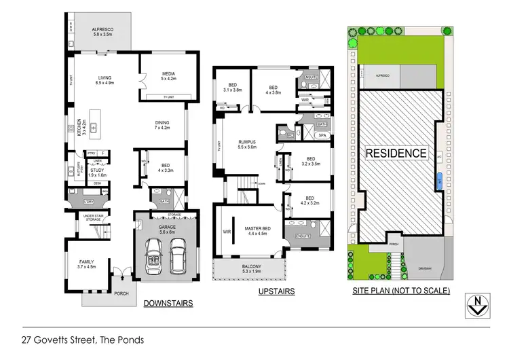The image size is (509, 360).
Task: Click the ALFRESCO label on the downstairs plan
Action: point(105,29)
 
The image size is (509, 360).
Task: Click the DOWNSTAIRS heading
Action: point(168,303)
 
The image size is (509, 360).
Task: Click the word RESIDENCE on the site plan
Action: point(397,154)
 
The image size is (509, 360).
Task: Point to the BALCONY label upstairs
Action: point(250,266)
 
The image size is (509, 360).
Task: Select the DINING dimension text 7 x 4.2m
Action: point(162,128)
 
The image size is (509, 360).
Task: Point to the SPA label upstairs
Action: point(322,135)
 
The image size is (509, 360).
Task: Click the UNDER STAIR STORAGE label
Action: point(93,218)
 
